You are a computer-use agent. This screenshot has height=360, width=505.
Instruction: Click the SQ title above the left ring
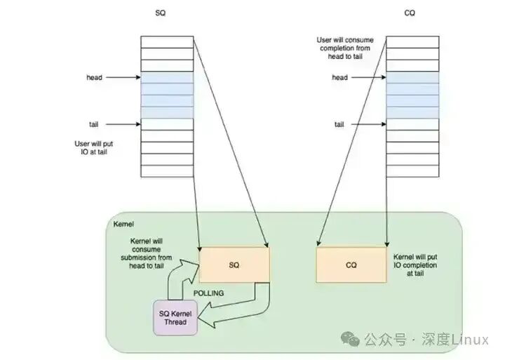pos(160,13)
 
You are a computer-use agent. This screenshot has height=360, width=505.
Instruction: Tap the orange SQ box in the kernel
pos(234,265)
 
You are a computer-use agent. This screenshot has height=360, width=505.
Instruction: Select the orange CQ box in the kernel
pos(351,265)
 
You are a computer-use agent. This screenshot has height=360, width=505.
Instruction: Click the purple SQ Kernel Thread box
pos(175,317)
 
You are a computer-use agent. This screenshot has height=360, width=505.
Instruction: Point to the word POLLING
pos(211,293)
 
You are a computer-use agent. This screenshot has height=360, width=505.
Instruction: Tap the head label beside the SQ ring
pos(94,77)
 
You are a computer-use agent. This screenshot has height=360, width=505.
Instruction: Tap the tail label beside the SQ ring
pos(93,124)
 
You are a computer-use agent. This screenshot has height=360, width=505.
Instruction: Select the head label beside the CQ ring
pos(340,77)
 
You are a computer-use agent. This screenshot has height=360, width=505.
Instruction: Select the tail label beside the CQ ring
pos(339,124)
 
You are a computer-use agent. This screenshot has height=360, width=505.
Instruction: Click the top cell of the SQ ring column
pos(166,42)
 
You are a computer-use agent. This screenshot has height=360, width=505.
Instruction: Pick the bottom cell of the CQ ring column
pos(412,171)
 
